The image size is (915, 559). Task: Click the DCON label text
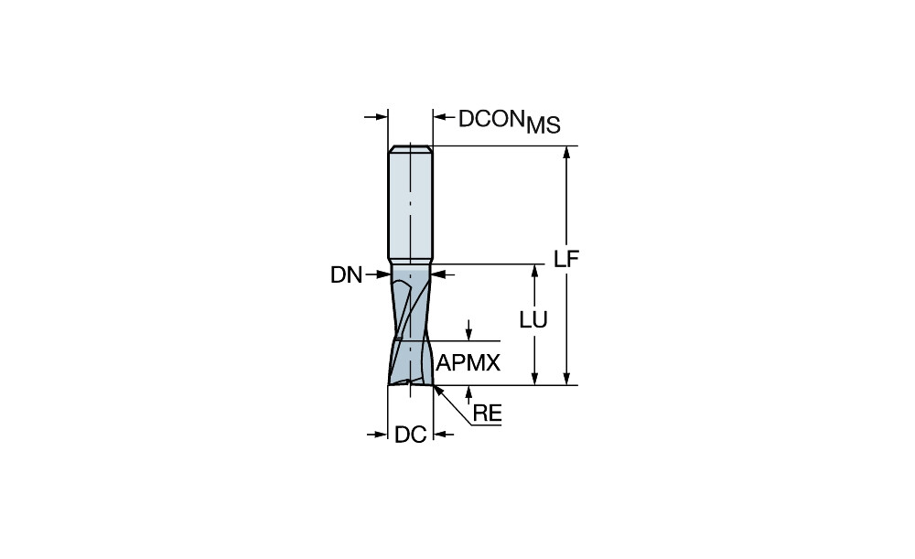(490, 118)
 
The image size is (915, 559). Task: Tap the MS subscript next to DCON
(544, 125)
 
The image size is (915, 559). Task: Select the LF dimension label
(566, 259)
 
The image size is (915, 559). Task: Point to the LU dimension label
(534, 320)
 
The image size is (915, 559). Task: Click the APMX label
(468, 363)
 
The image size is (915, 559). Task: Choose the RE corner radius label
(488, 414)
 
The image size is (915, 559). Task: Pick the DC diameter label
(411, 435)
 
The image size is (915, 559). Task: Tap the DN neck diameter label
(347, 274)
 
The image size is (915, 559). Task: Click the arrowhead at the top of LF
(566, 154)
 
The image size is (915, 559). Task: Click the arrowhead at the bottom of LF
(566, 378)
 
